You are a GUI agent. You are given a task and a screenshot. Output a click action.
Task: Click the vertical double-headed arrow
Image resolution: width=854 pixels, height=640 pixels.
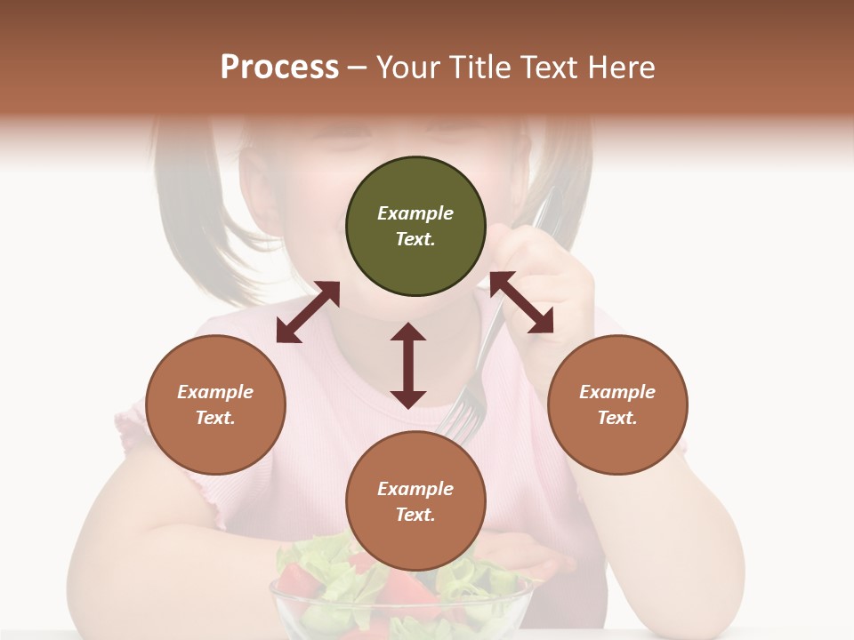click(408, 365)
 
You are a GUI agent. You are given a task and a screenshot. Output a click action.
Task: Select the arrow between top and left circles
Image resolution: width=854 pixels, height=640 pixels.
click(308, 312)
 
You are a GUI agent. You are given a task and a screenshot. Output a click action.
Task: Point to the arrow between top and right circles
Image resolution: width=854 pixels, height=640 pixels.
click(521, 302)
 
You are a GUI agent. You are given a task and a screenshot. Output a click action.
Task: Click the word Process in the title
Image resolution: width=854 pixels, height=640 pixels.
click(279, 68)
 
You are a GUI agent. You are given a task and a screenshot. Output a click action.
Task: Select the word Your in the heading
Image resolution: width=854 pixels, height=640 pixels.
click(407, 68)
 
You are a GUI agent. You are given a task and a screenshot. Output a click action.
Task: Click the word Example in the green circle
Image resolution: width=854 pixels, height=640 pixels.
click(415, 213)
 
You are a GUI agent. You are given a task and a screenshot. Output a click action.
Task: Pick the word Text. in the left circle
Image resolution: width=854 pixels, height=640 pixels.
click(215, 418)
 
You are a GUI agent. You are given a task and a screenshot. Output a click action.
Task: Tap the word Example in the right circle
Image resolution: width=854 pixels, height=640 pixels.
click(617, 392)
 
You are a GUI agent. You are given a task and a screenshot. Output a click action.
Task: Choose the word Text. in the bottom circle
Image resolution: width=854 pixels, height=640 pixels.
click(415, 515)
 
